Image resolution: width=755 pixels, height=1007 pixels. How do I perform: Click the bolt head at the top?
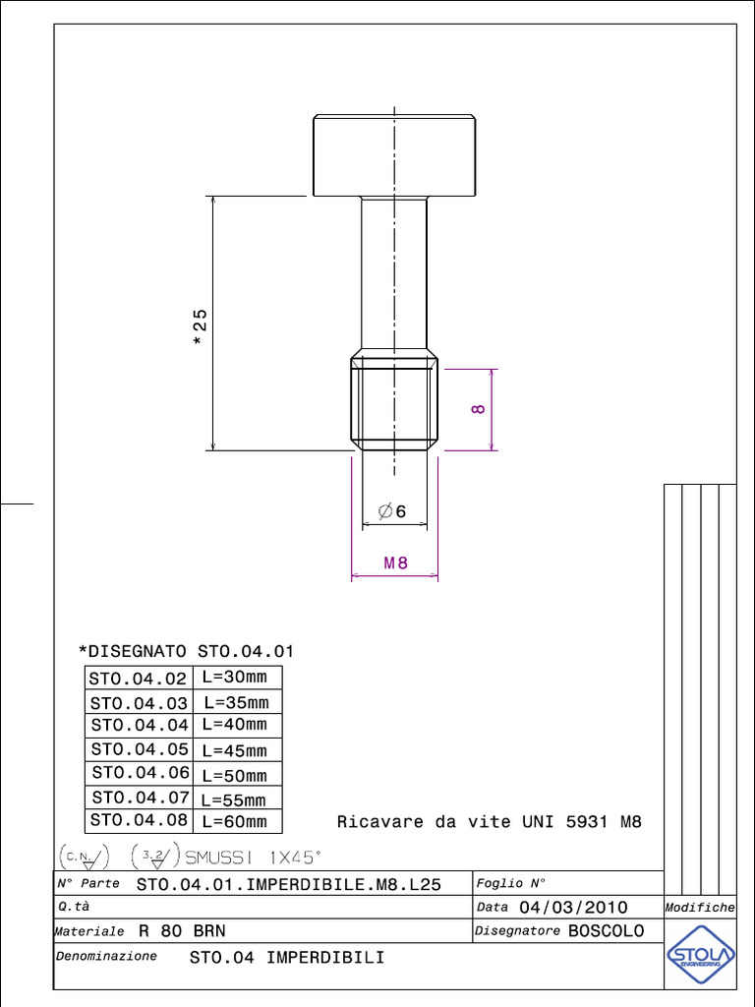coord(395,155)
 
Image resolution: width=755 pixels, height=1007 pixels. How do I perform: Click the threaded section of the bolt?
coord(394,403)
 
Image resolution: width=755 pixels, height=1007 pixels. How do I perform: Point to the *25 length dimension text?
coord(200,326)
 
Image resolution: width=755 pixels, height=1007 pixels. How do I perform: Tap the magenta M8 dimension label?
coord(395,563)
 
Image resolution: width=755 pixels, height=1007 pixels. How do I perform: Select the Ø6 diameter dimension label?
coord(391,511)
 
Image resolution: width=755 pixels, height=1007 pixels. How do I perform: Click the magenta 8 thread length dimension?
coord(479,409)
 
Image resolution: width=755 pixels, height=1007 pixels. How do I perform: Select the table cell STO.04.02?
coord(138,679)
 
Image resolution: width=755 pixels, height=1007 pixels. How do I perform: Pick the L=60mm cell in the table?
coord(234,821)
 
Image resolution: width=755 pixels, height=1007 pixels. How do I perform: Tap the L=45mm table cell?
coord(234,750)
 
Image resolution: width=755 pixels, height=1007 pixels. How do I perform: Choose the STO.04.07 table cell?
coord(140,798)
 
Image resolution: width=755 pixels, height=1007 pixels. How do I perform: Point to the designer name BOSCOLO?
coord(606,930)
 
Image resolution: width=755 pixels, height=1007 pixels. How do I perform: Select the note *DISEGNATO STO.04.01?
coord(186,651)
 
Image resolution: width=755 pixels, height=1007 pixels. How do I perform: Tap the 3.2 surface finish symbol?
coord(153,856)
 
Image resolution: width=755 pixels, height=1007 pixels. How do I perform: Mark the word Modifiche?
coord(700,908)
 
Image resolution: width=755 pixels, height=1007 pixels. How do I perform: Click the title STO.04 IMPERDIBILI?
coord(286,957)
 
